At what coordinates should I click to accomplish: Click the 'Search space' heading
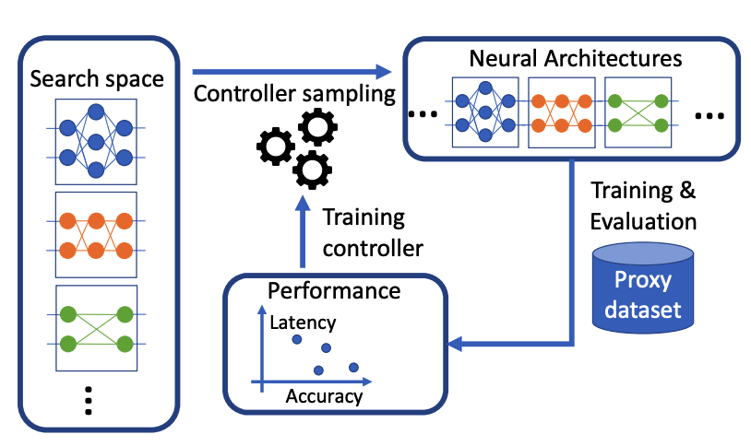97,78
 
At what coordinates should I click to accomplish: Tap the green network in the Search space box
96,328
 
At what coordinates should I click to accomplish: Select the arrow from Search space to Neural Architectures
286,70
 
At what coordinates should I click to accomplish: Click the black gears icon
297,146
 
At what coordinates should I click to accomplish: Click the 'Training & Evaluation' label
643,206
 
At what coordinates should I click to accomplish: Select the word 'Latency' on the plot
303,323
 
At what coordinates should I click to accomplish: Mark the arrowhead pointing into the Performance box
452,344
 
